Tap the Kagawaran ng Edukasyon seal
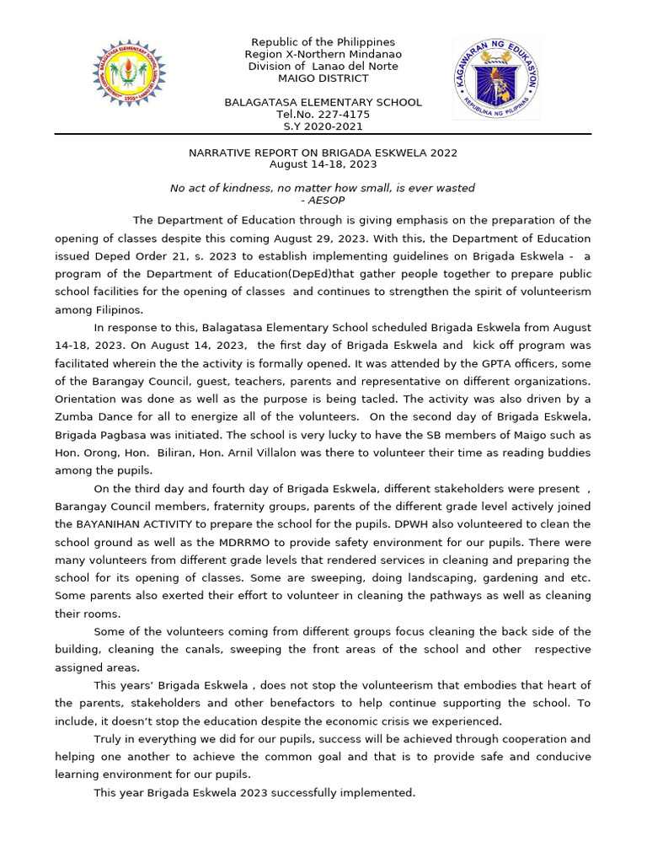(495, 78)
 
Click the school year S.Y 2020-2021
(323, 126)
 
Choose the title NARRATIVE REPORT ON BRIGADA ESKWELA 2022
(323, 153)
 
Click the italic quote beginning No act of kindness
(323, 188)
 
